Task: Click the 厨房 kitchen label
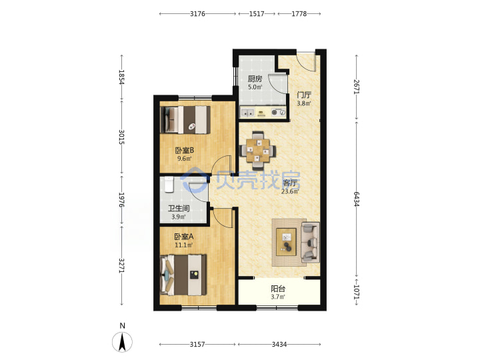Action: coord(255,79)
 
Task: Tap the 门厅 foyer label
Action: coord(304,95)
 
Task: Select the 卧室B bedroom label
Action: coord(184,150)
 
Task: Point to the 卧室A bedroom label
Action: coord(184,237)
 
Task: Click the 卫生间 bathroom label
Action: coord(179,209)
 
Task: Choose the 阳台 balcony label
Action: coord(278,289)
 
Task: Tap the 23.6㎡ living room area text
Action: coord(290,191)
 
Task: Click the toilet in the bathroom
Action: coord(169,185)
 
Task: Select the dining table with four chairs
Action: coord(258,150)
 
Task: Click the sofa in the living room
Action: coord(311,242)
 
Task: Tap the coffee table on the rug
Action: coord(286,242)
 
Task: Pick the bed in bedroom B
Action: coord(185,120)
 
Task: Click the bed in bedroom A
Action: coord(183,275)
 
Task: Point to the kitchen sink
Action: coord(247,113)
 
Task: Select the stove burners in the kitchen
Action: coord(278,113)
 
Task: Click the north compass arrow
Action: coord(122,342)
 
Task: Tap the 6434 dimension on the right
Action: coord(356,199)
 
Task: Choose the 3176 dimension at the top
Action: coord(197,13)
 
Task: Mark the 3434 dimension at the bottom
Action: coord(279,345)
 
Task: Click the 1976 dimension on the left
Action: coord(121,199)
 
